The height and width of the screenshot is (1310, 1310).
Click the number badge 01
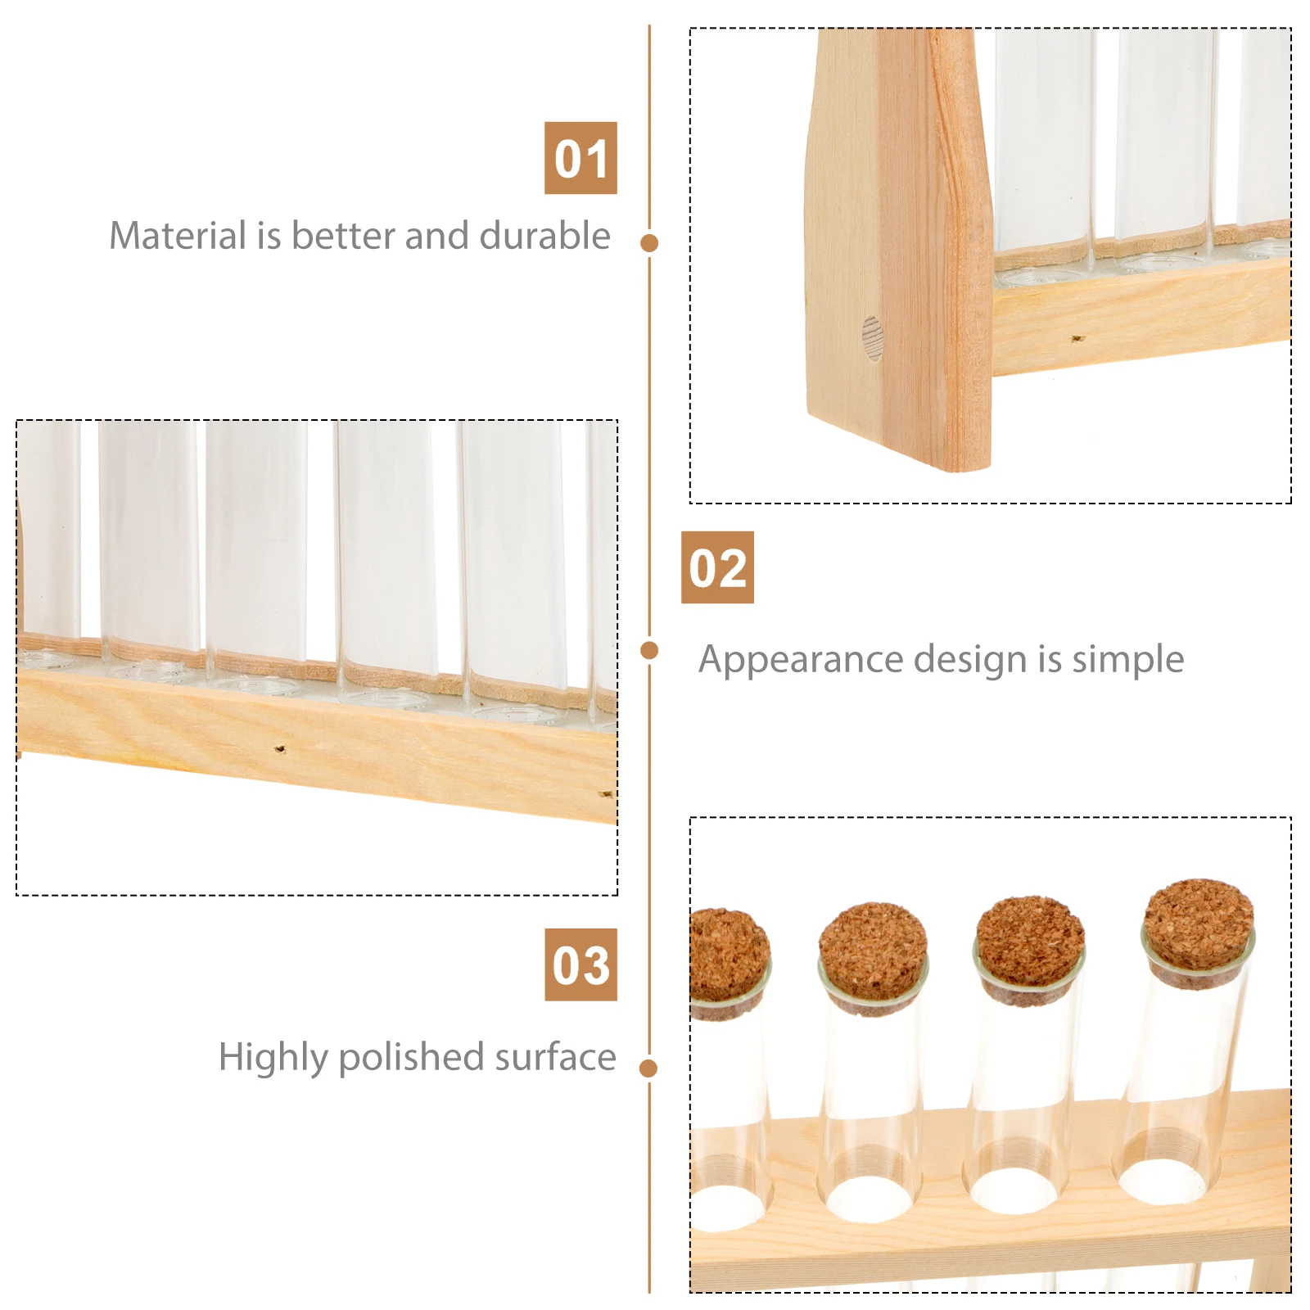pyautogui.click(x=580, y=158)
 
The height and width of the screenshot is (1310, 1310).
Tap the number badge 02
pyautogui.click(x=717, y=567)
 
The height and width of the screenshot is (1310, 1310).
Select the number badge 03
pyautogui.click(x=580, y=964)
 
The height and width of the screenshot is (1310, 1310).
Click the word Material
pyautogui.click(x=178, y=236)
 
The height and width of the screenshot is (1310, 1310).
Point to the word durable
pyautogui.click(x=544, y=236)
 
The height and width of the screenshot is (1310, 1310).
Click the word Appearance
pyautogui.click(x=800, y=660)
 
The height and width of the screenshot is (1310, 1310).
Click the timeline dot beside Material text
pyautogui.click(x=649, y=242)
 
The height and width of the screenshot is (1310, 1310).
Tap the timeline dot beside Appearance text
pyautogui.click(x=649, y=650)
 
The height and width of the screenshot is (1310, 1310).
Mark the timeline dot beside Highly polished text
pyautogui.click(x=649, y=1068)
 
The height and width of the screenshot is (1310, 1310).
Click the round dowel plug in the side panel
pyautogui.click(x=872, y=338)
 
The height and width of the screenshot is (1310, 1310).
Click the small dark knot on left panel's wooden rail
pyautogui.click(x=280, y=748)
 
